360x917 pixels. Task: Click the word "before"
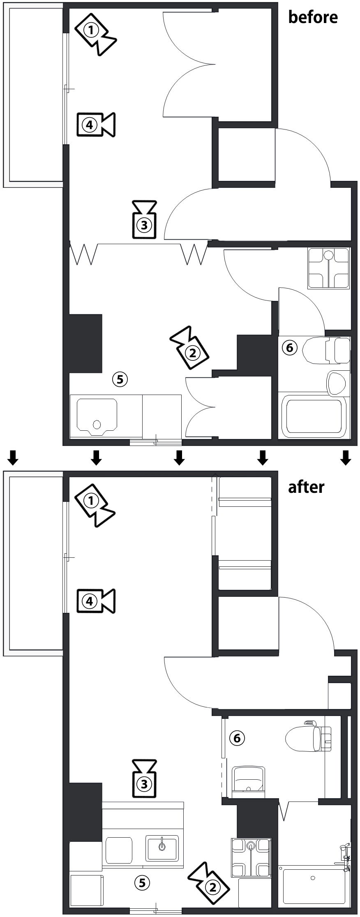313,17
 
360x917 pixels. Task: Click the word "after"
306,487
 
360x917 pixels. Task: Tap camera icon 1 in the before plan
95,34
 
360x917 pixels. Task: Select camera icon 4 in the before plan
96,124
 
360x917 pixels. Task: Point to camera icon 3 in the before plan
144,219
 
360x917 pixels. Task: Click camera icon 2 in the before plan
189,348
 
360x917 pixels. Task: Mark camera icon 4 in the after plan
96,601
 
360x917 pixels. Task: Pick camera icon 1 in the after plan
95,505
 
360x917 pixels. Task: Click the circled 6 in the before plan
289,348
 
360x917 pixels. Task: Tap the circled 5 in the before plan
120,379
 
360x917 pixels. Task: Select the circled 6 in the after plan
237,738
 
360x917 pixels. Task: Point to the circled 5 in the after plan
142,883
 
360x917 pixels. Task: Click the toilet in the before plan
326,351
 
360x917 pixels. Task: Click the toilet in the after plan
308,737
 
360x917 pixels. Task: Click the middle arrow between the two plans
179,457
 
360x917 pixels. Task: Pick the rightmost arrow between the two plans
346,457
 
